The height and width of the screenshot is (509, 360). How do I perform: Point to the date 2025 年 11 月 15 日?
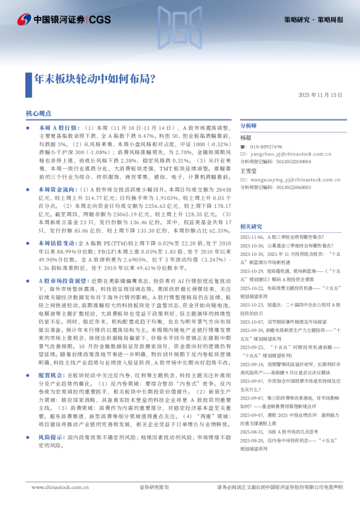point(321,96)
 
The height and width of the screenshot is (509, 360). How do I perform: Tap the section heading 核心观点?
point(39,113)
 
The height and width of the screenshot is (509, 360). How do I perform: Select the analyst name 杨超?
point(245,138)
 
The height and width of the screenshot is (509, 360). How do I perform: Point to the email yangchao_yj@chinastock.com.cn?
point(287,154)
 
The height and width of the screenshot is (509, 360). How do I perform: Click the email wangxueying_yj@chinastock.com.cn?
point(293,180)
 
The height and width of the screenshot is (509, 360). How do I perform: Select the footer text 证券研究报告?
point(154,487)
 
